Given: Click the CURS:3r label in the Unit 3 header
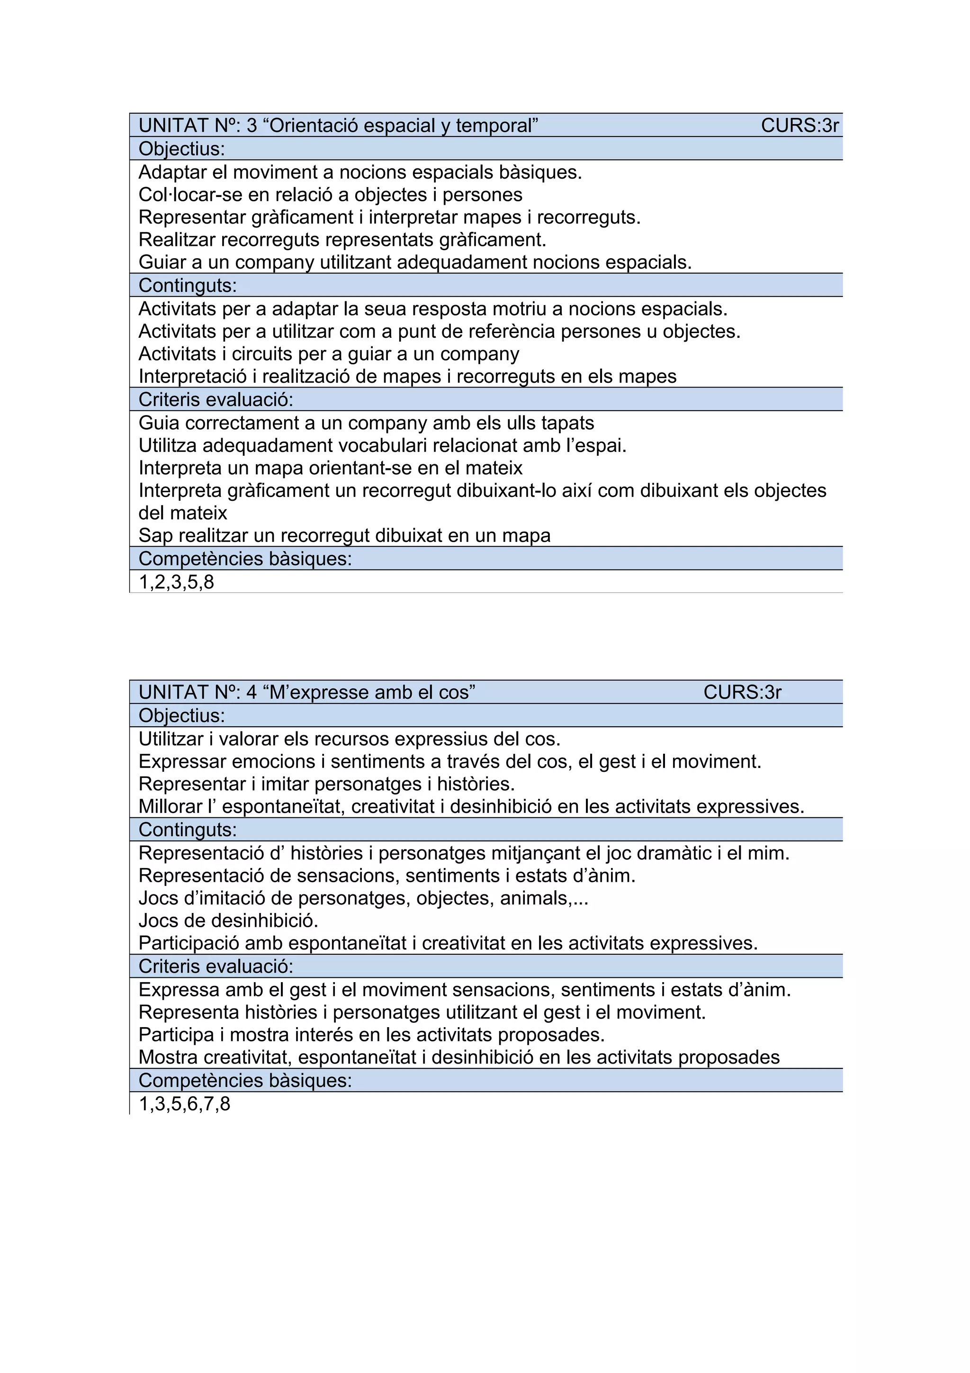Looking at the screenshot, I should pyautogui.click(x=799, y=126).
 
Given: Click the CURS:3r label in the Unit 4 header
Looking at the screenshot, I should pyautogui.click(x=742, y=693).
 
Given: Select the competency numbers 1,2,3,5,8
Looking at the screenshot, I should pyautogui.click(x=176, y=582).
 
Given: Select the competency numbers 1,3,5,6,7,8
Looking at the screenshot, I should pyautogui.click(x=184, y=1104).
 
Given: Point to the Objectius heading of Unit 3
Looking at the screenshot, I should pyautogui.click(x=182, y=149).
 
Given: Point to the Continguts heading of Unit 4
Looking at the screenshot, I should pyautogui.click(x=188, y=830).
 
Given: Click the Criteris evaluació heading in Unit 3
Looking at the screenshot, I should pyautogui.click(x=216, y=399).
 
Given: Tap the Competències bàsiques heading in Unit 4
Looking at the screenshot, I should pyautogui.click(x=245, y=1081).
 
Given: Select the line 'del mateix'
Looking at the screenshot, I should pyautogui.click(x=183, y=513).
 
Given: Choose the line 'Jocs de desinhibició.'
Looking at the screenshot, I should pyautogui.click(x=228, y=921).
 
